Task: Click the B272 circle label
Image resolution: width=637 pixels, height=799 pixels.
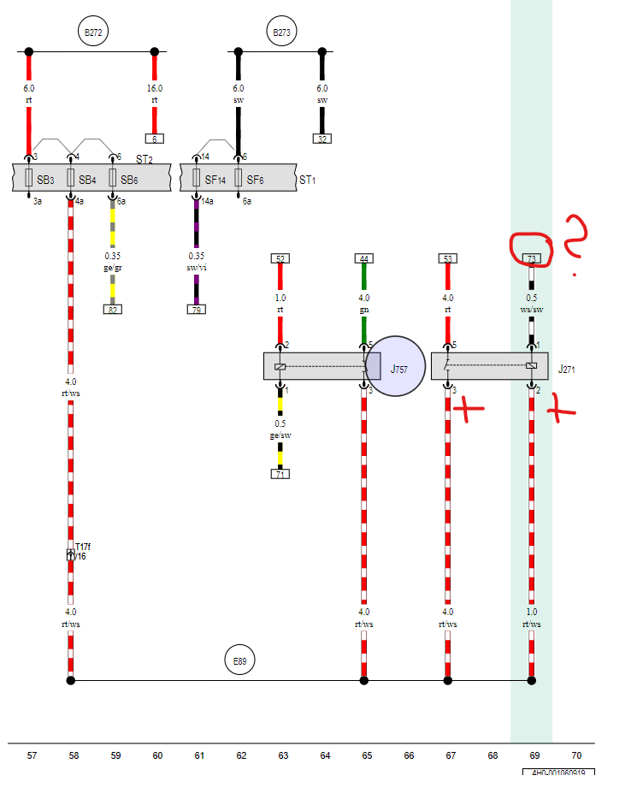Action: [92, 33]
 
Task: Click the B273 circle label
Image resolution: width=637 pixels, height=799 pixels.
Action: [281, 33]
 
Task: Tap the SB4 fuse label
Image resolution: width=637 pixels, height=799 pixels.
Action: [87, 180]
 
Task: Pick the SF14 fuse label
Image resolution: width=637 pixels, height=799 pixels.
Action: [215, 180]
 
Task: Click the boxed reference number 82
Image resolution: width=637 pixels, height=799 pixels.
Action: [112, 310]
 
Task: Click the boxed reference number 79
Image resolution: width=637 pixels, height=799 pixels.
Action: [197, 310]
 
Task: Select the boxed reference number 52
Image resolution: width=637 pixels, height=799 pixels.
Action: [280, 258]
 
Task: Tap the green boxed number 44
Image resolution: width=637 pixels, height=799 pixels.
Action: [364, 258]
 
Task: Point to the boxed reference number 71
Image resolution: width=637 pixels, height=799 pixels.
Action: [280, 474]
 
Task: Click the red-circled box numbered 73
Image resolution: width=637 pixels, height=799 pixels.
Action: [532, 258]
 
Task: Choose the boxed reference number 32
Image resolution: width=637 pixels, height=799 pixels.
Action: [322, 139]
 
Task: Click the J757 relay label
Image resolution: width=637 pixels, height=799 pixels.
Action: [399, 370]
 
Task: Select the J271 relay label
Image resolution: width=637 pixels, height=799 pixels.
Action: [567, 370]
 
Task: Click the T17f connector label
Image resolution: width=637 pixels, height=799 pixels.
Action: [82, 547]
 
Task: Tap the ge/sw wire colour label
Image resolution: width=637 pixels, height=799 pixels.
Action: [280, 435]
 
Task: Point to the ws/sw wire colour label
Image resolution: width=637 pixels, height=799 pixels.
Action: [532, 310]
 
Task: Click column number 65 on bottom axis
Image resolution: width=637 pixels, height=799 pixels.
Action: [367, 755]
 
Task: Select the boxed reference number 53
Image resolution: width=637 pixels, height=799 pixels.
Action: [448, 258]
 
